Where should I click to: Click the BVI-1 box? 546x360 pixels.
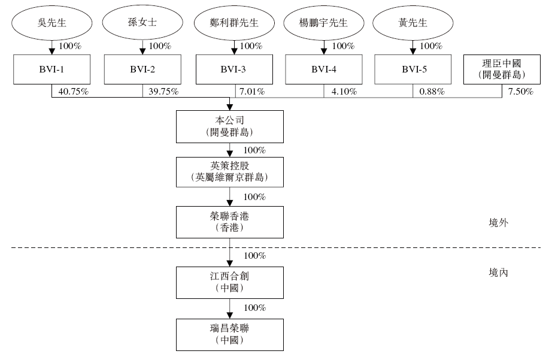point(51,69)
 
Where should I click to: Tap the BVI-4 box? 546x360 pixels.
point(323,69)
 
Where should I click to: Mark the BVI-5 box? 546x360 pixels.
point(412,69)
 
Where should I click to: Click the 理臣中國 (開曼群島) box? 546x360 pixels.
point(502,69)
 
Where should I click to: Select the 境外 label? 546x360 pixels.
point(498,222)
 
